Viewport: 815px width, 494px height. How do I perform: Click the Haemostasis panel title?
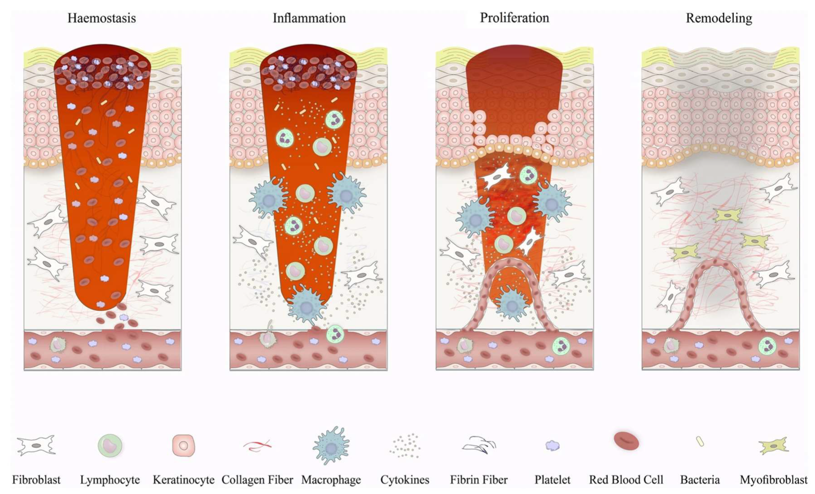[x=101, y=18]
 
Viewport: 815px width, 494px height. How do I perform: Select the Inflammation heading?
[x=309, y=18]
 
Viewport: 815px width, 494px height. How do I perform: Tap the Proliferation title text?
[x=514, y=18]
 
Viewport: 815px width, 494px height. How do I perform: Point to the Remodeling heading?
[x=719, y=18]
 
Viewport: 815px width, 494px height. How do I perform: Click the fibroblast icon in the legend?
[x=36, y=445]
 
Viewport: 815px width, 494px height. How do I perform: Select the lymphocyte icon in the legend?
[x=110, y=446]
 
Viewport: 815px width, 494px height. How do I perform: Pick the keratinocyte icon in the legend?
[x=183, y=446]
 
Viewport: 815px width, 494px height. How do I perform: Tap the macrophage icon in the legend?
[x=331, y=446]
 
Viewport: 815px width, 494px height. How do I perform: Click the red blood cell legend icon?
[x=626, y=441]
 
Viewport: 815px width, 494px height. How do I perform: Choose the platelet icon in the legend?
[x=552, y=446]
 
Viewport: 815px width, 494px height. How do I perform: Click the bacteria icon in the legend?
[x=700, y=441]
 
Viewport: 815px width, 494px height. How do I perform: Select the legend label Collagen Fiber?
[x=257, y=480]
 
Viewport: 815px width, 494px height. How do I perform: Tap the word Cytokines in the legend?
[x=404, y=480]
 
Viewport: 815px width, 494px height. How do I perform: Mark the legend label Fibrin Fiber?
[x=479, y=480]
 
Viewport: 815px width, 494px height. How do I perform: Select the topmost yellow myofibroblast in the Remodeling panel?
[x=727, y=215]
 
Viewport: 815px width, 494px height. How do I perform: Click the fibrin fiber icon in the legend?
[x=479, y=445]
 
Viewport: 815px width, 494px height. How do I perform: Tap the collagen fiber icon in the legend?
[x=257, y=446]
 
